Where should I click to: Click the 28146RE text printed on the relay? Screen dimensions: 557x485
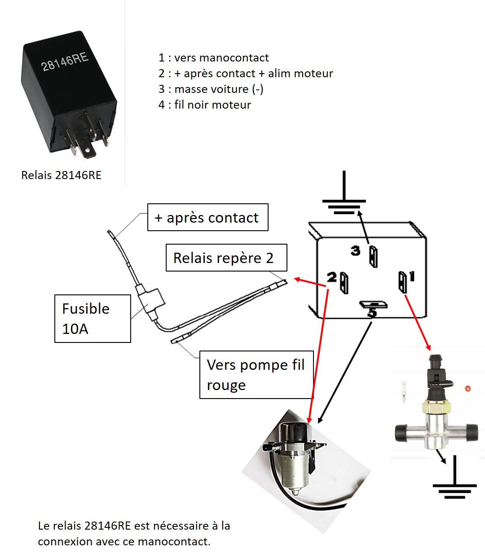pos(65,61)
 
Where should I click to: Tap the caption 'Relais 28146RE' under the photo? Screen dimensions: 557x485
pos(61,175)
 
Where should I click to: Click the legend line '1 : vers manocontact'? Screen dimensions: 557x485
pos(213,58)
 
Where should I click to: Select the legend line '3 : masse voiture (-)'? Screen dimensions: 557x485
pos(211,89)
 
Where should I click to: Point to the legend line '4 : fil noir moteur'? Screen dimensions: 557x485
pos(204,105)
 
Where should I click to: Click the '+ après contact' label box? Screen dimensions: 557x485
pos(207,218)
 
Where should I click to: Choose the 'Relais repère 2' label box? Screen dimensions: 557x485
pos(226,258)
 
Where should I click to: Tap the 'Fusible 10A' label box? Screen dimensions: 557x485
pos(93,319)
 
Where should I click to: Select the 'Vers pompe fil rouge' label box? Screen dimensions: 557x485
pos(256,375)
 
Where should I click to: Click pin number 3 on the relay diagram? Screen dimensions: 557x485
pos(373,256)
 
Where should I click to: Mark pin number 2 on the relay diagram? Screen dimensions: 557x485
pos(344,283)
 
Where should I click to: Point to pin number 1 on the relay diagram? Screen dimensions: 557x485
pos(402,282)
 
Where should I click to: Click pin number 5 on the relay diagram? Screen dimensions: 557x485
pos(373,305)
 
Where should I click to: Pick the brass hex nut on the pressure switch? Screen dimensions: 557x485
pos(436,408)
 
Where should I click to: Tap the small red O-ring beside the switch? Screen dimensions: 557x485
pos(467,389)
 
